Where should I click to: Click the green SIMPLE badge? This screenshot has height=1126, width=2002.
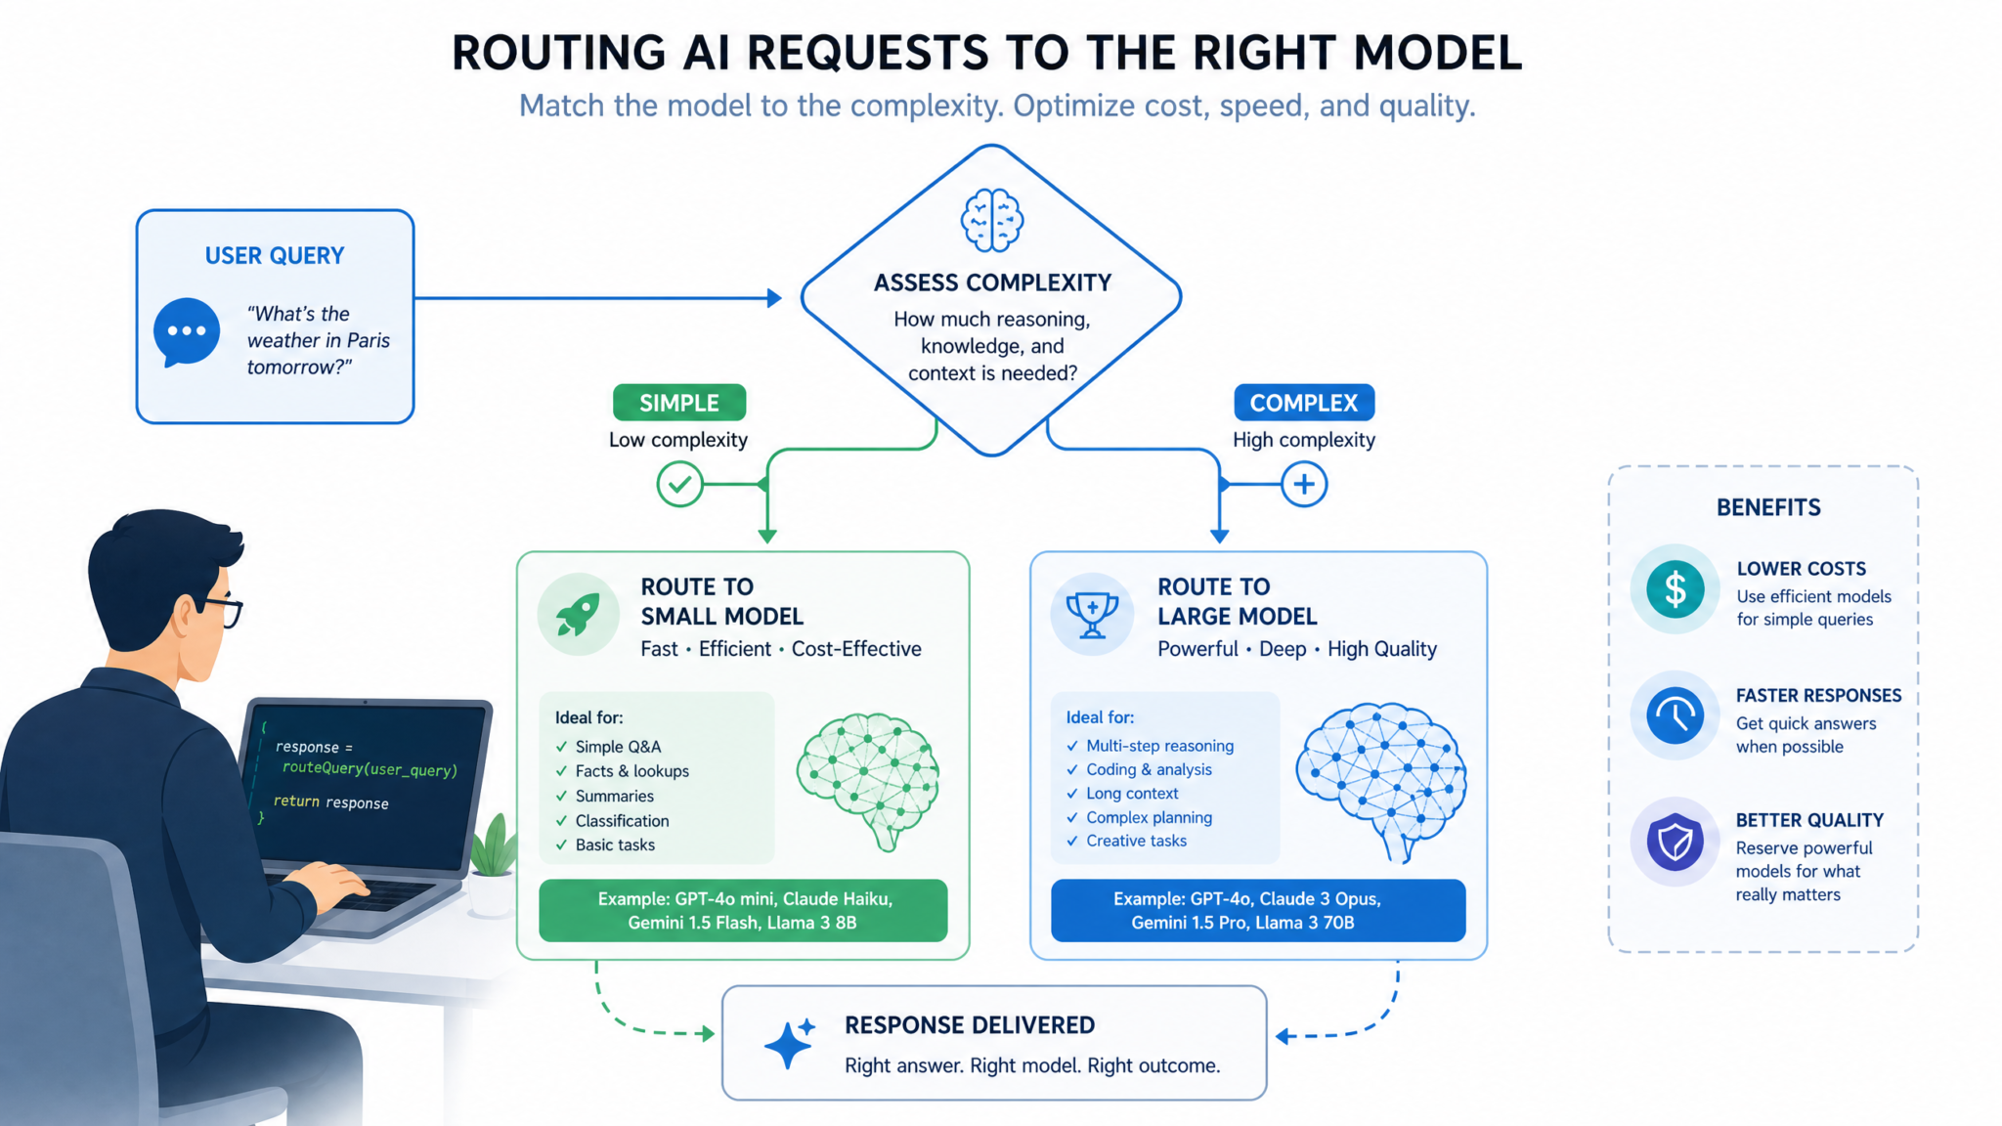click(679, 403)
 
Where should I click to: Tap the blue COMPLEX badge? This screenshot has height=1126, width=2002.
click(1304, 403)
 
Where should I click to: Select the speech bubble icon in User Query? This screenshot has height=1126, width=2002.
click(186, 332)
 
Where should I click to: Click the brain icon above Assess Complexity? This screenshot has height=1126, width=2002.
click(991, 220)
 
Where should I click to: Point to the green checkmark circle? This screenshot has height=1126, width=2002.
click(679, 484)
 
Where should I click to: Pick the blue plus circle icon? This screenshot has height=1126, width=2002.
click(1304, 484)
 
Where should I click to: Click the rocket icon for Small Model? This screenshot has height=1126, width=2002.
click(578, 615)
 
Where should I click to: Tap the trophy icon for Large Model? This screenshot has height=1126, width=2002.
click(1092, 615)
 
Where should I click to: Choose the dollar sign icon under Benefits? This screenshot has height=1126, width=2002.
click(1675, 589)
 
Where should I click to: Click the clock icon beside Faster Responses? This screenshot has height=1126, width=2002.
click(1675, 715)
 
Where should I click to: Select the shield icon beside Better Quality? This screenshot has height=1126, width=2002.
click(1675, 842)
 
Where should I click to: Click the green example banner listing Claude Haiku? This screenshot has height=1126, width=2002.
click(743, 910)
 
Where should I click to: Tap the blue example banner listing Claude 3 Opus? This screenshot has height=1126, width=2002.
click(1258, 910)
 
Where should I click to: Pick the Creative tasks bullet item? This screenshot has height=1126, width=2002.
click(1126, 841)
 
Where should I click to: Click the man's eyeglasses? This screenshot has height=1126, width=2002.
click(221, 610)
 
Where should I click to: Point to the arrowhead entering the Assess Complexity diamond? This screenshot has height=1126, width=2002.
click(774, 298)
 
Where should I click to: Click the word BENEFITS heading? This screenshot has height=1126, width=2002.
click(1768, 507)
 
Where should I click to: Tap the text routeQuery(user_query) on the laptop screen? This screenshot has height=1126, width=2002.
click(370, 769)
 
